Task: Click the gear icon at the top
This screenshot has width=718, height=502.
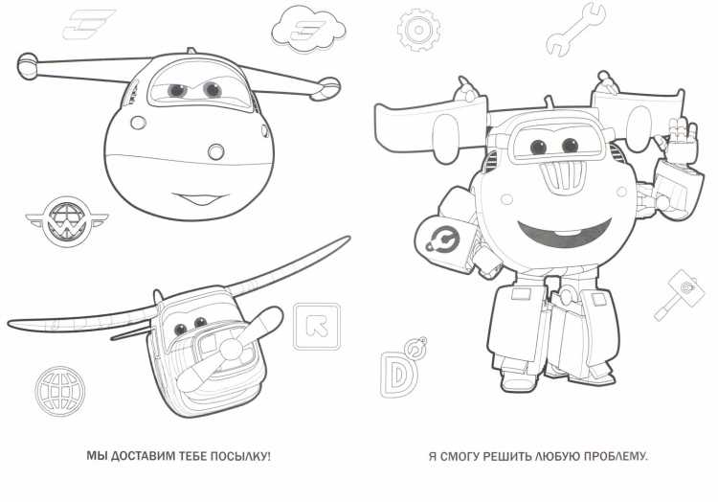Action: tap(418, 30)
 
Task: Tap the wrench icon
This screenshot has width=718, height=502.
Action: tap(575, 31)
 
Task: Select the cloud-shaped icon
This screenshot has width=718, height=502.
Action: tap(308, 29)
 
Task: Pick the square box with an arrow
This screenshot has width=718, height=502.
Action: tap(317, 326)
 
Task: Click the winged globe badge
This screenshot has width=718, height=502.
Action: tap(67, 222)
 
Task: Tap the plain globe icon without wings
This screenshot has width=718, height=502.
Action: tap(60, 391)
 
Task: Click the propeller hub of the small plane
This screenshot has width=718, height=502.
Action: tap(233, 349)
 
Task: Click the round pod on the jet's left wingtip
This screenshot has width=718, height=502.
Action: tap(28, 65)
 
